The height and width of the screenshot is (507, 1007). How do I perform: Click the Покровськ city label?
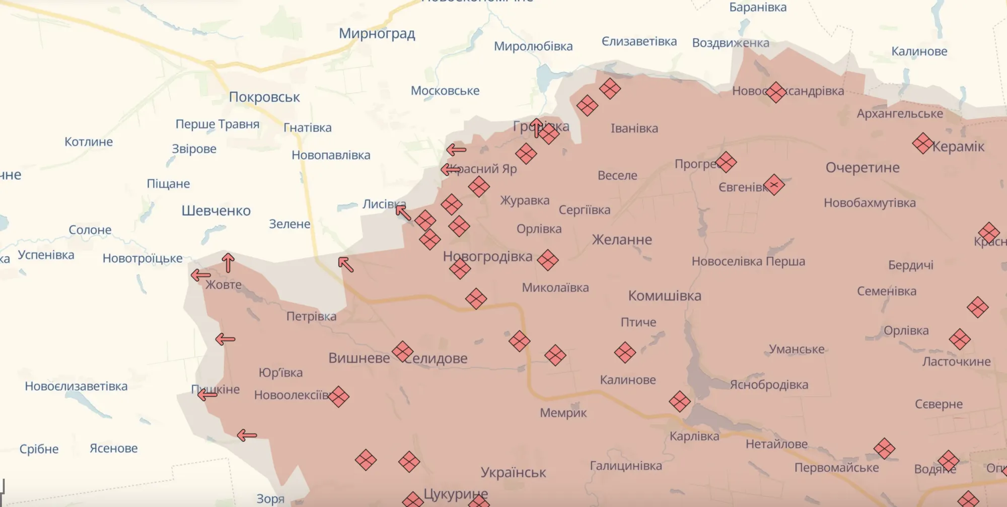[x=264, y=97]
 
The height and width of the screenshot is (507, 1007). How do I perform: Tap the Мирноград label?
[x=377, y=34]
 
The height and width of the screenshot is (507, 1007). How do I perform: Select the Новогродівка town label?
[x=487, y=256]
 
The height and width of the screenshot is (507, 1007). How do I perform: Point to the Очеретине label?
[x=862, y=168]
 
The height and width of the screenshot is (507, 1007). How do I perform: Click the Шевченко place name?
[x=216, y=210]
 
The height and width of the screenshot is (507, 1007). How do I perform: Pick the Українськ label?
[x=513, y=472]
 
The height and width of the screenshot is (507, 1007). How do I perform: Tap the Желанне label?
[x=622, y=240]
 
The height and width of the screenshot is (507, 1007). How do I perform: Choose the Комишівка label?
[x=665, y=296]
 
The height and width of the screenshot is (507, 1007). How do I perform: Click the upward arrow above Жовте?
[x=228, y=262]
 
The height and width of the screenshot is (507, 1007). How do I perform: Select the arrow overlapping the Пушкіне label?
[x=207, y=395]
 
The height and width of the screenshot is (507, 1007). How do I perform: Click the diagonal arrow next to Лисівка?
[x=403, y=213]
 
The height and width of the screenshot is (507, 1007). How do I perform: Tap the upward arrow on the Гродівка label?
[x=537, y=128]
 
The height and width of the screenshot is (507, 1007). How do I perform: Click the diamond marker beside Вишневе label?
[x=402, y=351]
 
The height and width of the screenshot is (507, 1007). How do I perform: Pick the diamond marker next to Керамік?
[x=922, y=143]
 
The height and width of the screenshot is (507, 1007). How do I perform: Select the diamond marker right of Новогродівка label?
[x=547, y=260]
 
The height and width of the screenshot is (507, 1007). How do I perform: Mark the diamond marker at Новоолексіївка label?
[x=338, y=397]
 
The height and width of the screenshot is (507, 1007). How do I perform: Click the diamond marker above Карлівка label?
[x=679, y=402]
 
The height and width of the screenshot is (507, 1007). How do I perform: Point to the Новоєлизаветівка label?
[x=76, y=386]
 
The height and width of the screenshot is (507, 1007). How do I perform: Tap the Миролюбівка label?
[x=533, y=46]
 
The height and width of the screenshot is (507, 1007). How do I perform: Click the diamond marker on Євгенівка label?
[x=774, y=185]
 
